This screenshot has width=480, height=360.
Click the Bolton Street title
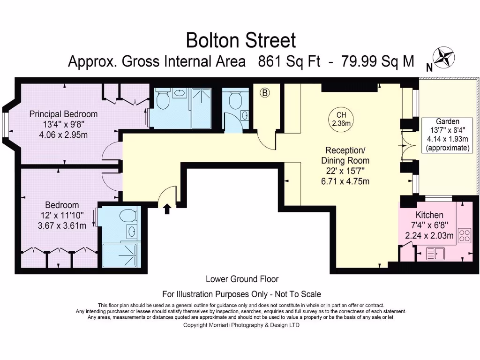(x=241, y=40)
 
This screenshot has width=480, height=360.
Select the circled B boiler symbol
(x=265, y=92)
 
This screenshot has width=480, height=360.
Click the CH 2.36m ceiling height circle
(x=341, y=119)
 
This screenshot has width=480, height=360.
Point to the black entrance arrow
(x=167, y=209)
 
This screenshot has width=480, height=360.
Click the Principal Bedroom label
(x=63, y=114)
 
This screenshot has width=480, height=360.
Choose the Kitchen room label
(x=429, y=215)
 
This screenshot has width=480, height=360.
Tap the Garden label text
(x=448, y=121)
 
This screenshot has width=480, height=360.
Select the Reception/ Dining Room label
(x=345, y=156)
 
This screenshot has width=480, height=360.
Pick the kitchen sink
(x=435, y=254)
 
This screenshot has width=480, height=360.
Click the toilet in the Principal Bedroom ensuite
(x=163, y=99)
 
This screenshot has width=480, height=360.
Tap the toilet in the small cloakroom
(x=235, y=99)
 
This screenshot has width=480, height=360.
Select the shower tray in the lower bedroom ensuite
(x=120, y=255)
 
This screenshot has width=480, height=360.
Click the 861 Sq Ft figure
(x=289, y=61)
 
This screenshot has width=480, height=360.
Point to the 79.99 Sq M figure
(x=377, y=61)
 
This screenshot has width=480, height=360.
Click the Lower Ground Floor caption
(x=242, y=279)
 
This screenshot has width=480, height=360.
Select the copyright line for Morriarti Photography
(x=241, y=325)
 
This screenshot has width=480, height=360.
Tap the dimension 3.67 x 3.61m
(x=62, y=226)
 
